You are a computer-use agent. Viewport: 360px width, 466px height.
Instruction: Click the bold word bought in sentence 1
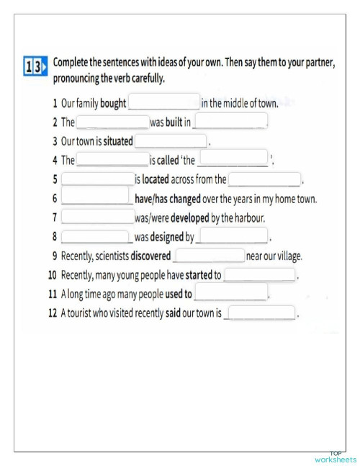click(x=113, y=103)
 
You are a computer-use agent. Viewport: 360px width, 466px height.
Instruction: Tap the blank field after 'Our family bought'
click(x=163, y=102)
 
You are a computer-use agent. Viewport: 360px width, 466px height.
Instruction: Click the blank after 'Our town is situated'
click(x=171, y=141)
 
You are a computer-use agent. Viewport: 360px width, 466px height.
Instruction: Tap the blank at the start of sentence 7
click(x=97, y=217)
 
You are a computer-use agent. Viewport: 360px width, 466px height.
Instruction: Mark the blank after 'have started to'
click(x=260, y=274)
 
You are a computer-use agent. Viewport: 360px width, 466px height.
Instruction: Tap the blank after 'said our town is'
click(x=261, y=313)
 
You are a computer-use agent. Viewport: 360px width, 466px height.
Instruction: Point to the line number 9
click(x=55, y=256)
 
